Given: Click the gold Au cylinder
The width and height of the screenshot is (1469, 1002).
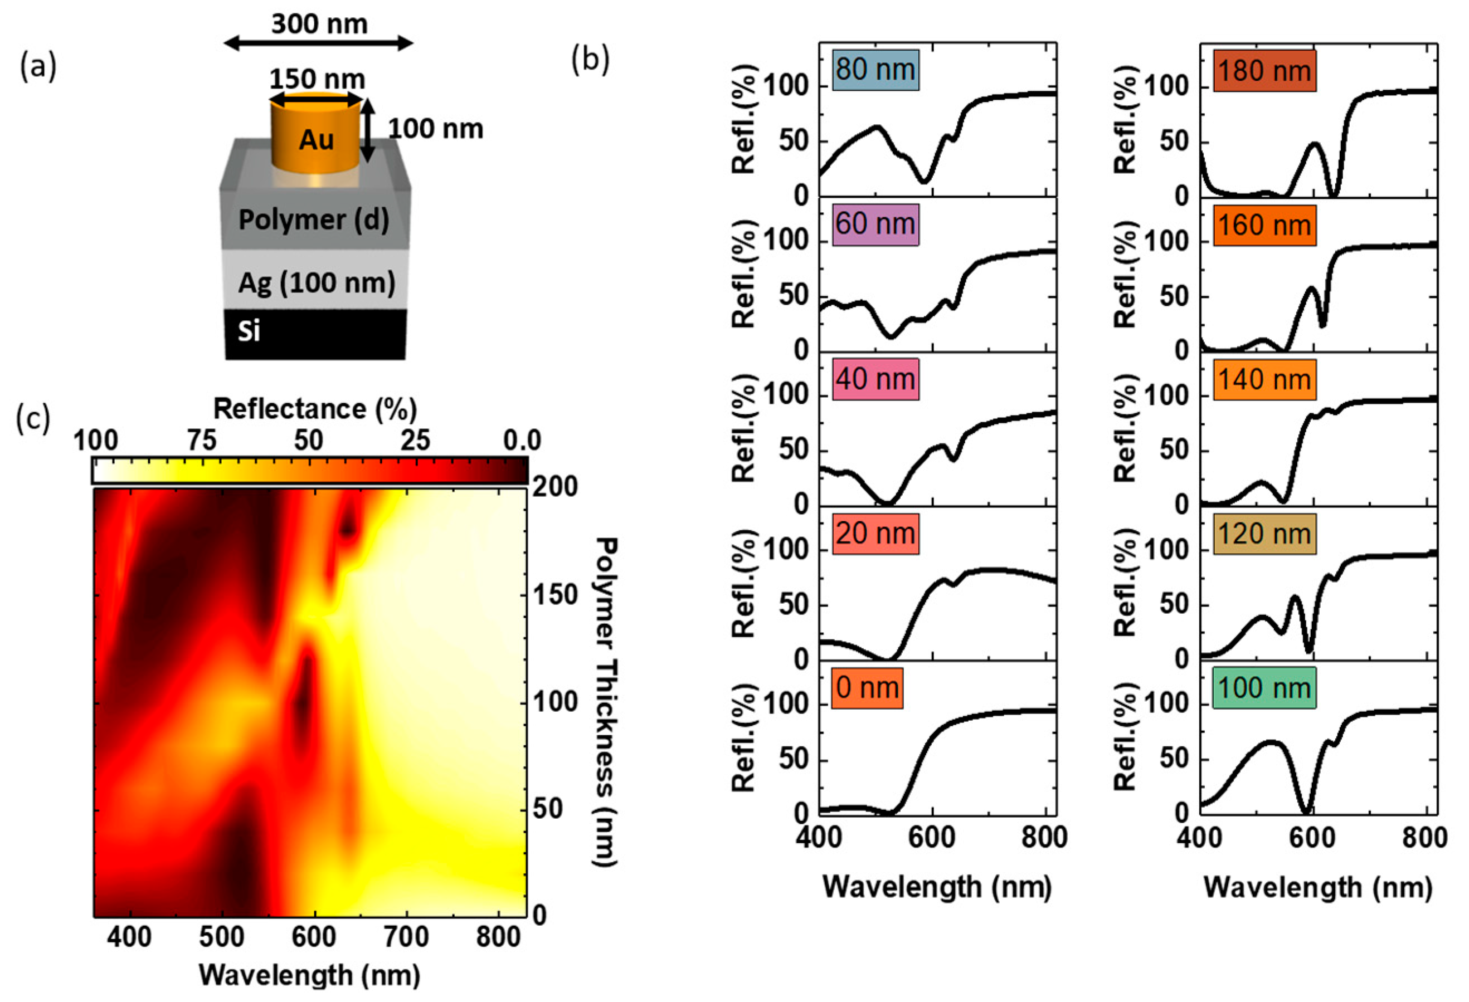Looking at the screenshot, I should [316, 136].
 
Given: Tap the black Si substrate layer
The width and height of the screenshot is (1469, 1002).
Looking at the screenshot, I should [315, 334].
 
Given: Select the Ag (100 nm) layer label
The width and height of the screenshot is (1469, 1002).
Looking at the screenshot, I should [317, 282].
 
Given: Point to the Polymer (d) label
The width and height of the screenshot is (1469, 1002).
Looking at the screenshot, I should [314, 220].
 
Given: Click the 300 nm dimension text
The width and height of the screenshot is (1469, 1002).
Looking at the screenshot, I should [319, 24].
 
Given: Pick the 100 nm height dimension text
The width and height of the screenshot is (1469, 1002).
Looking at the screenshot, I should [435, 129].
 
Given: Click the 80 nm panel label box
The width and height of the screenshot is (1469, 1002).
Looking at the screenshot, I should [875, 70].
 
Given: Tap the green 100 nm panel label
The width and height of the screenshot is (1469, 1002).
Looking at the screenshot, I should [1264, 688].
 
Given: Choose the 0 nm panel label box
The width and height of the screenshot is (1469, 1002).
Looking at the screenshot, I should [867, 688].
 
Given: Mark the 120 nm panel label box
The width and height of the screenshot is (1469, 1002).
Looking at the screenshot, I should [1264, 534].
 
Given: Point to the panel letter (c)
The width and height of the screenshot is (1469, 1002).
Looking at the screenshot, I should [33, 418].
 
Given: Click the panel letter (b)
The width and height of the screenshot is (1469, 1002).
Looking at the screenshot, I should [590, 60].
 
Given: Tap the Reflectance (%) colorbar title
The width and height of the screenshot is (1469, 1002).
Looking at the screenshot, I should [315, 409].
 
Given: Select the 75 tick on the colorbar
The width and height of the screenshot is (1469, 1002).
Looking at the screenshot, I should [202, 441].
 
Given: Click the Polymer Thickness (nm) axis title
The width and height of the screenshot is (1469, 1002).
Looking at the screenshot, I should [605, 701].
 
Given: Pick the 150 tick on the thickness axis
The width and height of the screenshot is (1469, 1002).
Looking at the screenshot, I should [555, 595].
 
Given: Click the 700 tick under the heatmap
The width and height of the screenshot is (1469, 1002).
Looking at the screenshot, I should [406, 937].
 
